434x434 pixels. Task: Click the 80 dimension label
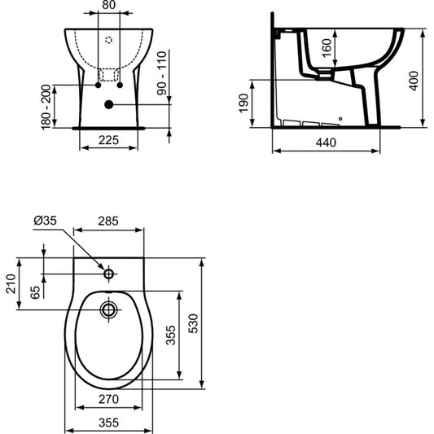pos(108,5)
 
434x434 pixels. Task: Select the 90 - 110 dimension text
pos(162,73)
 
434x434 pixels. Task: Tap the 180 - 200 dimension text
pos(46,107)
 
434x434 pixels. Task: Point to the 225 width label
pos(108,140)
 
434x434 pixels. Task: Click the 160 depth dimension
pos(327,48)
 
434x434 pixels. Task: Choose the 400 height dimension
pos(414,81)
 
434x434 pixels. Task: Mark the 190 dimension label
pos(243,103)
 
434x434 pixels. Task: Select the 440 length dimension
pos(326,142)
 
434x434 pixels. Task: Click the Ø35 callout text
pos(45,221)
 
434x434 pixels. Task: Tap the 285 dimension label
pos(108,221)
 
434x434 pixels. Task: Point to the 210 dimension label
pos(11,283)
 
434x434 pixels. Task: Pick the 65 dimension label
pos(35,292)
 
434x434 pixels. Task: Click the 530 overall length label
pos(193,323)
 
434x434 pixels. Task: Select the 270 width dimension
pos(108,399)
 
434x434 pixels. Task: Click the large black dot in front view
pos(109,104)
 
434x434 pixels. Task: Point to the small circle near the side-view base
pos(340,119)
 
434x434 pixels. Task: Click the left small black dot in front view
pos(98,85)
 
